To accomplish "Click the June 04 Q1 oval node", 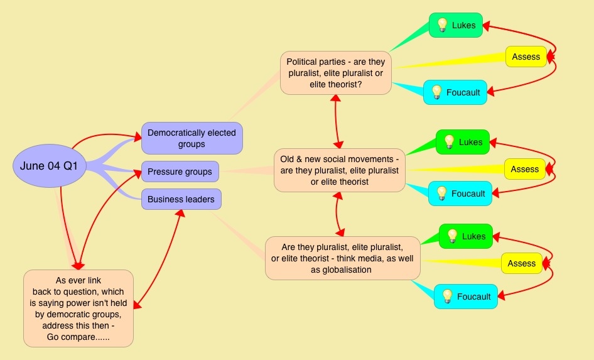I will [50, 166].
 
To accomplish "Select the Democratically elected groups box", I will [192, 138].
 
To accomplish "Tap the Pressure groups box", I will [180, 172].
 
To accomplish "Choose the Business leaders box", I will [181, 200].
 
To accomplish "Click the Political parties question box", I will [335, 73].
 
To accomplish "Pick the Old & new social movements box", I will [339, 170].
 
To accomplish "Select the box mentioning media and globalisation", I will [342, 258].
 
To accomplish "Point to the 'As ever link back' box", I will [78, 308].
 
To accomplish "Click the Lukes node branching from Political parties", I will [456, 25].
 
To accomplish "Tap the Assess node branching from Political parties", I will [526, 57].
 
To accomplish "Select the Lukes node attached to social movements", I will [463, 142].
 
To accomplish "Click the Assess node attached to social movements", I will [524, 169].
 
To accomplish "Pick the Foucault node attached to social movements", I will [460, 194].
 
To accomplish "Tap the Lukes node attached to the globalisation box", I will [465, 236].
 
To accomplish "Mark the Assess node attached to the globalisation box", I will [521, 263].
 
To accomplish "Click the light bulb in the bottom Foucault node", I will [447, 296].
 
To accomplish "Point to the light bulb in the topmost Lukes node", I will [442, 25].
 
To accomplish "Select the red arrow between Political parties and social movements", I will [337, 121].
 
